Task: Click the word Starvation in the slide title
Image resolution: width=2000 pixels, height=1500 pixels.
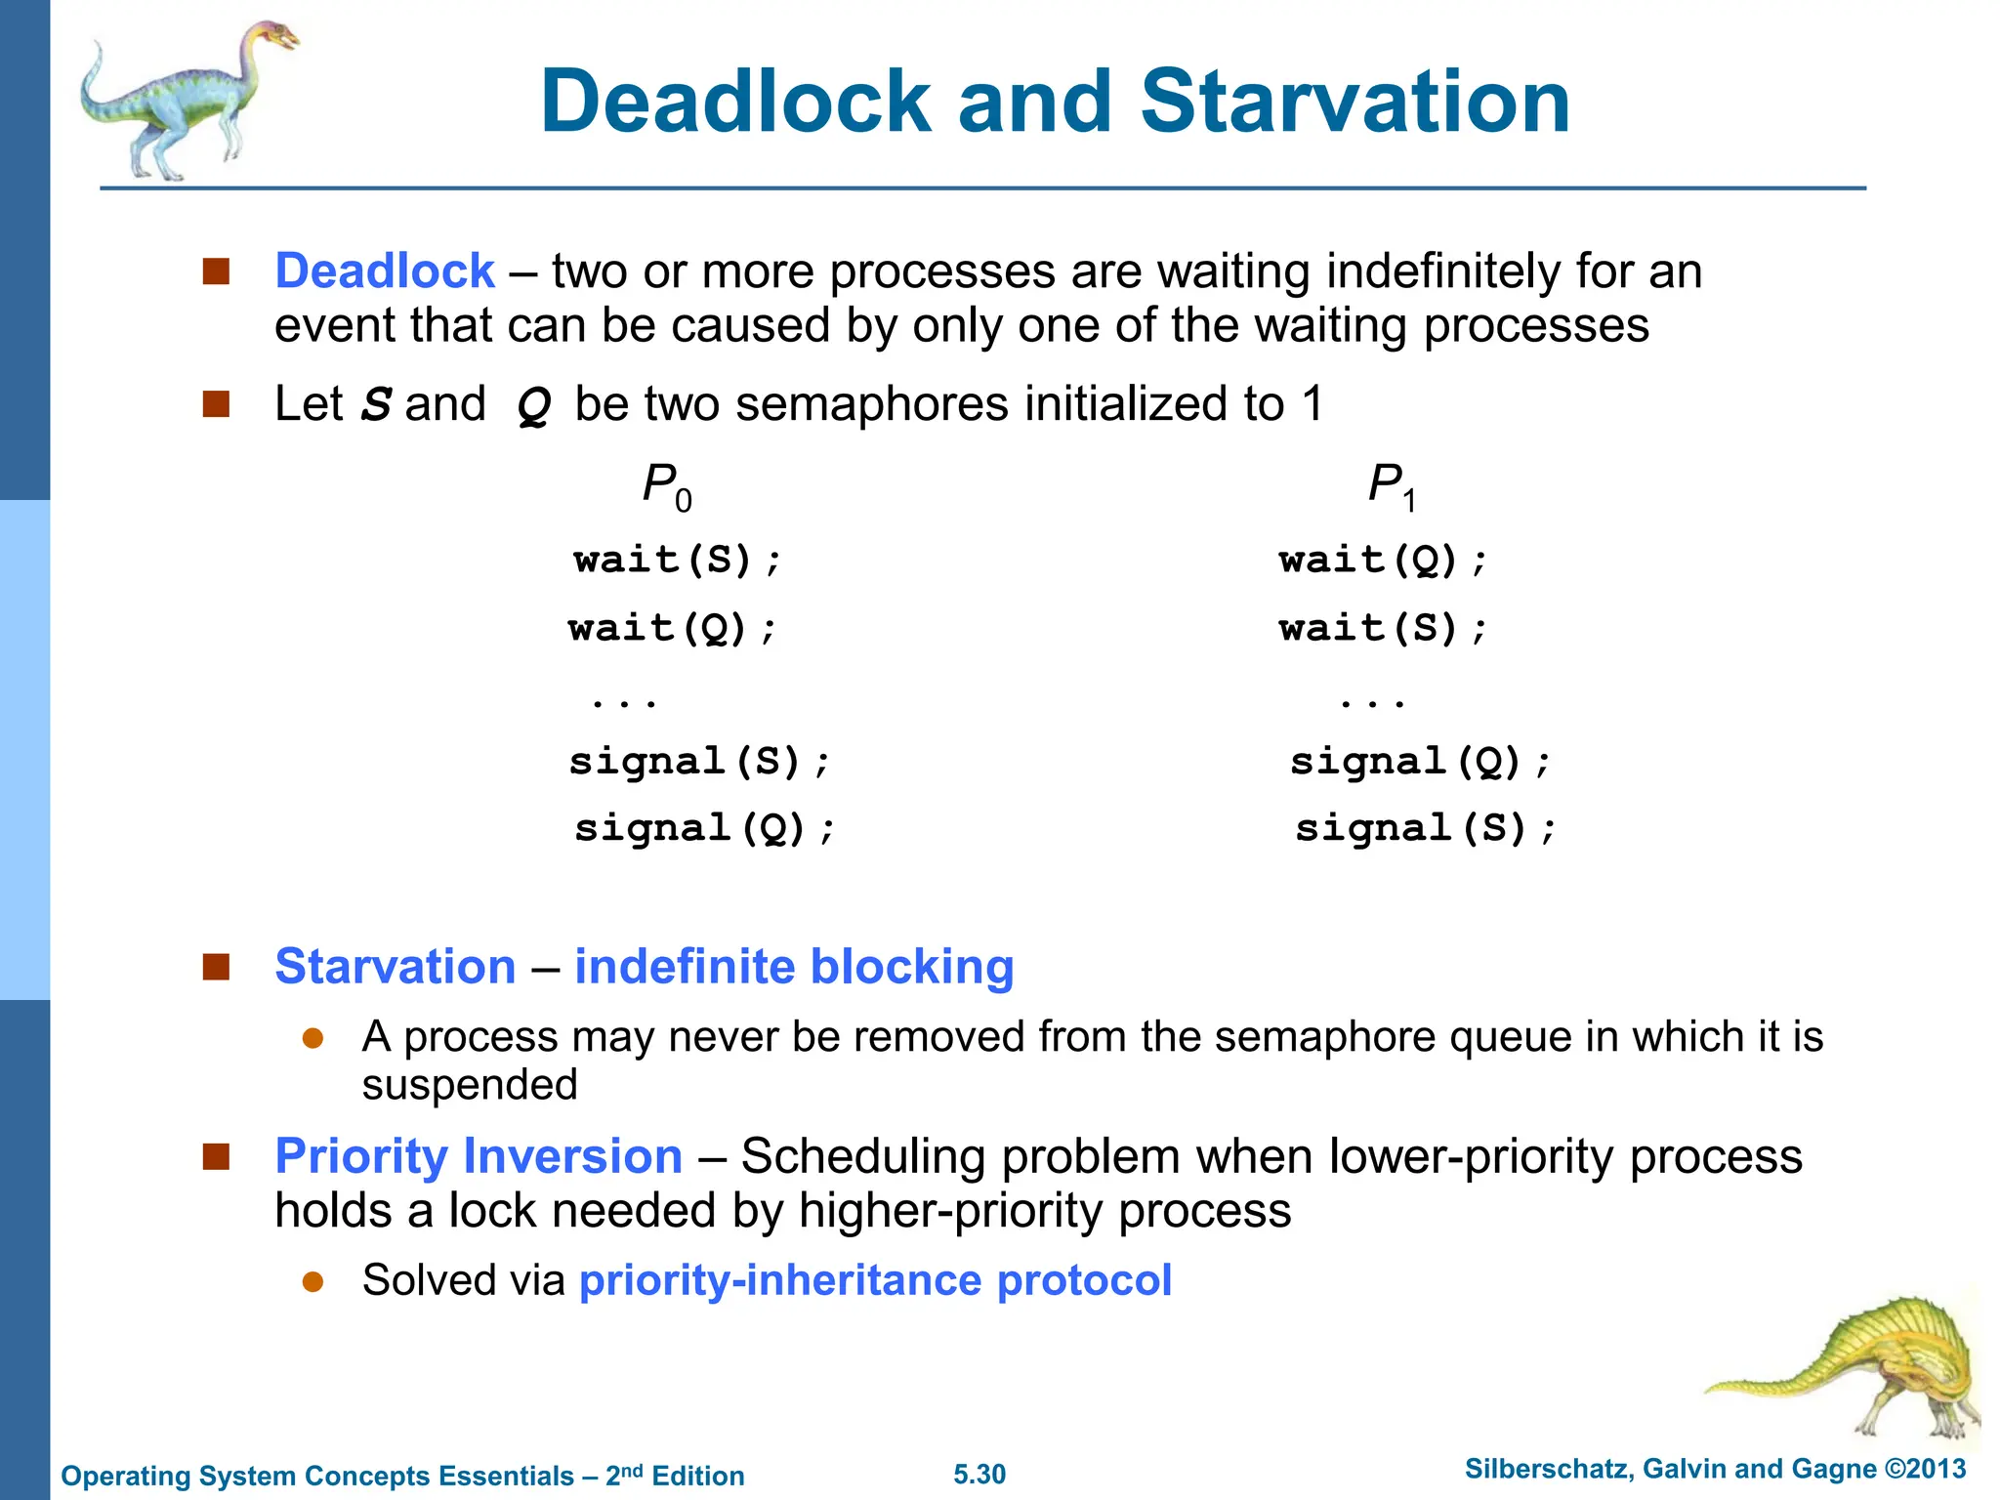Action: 1354,102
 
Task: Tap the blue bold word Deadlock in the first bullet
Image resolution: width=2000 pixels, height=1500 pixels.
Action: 385,271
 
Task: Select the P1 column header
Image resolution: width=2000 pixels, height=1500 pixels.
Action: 1391,485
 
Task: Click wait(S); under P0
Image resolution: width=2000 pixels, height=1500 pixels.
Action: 678,561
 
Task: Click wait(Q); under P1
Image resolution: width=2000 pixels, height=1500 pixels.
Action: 1383,561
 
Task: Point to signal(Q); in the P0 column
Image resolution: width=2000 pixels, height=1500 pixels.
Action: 704,829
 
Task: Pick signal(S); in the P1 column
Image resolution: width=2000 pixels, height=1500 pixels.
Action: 1425,829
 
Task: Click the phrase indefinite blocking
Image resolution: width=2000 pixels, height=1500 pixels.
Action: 793,967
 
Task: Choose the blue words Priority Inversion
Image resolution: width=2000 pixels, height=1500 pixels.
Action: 479,1156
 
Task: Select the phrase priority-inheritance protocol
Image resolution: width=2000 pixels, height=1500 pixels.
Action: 875,1280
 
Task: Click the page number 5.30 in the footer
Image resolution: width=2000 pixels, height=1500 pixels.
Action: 979,1475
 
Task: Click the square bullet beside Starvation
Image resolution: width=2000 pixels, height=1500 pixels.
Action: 216,967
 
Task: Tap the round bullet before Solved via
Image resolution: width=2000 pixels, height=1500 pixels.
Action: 312,1281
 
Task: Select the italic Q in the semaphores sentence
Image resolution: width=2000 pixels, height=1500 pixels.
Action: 533,405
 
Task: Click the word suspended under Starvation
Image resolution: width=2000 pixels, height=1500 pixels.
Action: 470,1085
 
